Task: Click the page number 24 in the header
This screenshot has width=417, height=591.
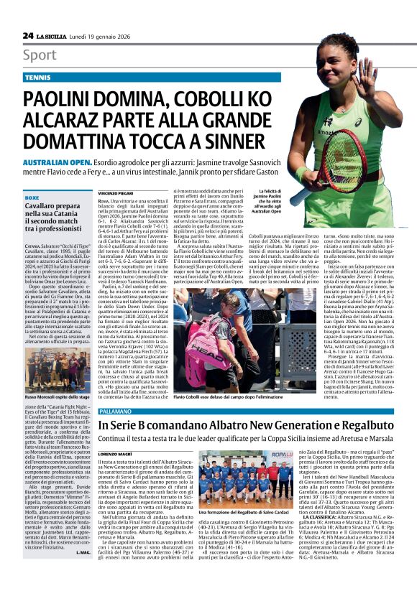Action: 28,35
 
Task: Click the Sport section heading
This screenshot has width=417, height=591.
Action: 40,55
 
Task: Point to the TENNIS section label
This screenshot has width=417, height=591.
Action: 37,76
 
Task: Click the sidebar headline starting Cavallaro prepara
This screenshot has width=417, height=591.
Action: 58,197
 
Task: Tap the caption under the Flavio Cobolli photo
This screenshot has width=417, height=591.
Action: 222,394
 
